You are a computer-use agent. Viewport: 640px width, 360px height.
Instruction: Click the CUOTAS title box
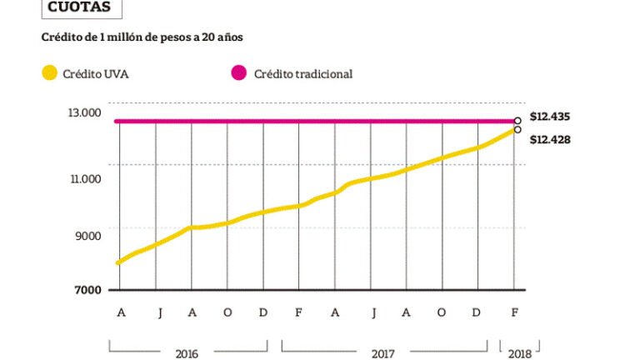[80, 7]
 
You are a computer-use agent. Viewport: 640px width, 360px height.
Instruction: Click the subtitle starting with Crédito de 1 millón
[142, 37]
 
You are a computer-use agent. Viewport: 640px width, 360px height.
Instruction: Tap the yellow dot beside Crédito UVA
[50, 73]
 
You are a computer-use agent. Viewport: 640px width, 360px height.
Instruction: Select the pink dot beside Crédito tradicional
[239, 73]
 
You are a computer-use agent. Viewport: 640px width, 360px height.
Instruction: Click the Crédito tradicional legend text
[303, 73]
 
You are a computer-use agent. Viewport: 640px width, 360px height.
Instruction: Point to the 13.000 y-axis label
[84, 112]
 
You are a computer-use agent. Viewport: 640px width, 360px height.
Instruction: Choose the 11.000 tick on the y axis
[84, 178]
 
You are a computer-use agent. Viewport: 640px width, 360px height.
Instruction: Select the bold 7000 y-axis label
[87, 290]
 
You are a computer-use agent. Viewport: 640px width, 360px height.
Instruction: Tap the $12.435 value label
[549, 117]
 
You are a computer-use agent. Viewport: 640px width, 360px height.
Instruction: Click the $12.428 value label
[549, 139]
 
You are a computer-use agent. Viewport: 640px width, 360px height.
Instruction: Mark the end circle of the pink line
[517, 121]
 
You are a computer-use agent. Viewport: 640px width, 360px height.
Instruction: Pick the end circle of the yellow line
[517, 129]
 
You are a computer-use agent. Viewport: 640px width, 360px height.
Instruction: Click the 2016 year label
[187, 352]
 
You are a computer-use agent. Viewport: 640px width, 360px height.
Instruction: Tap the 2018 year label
[520, 352]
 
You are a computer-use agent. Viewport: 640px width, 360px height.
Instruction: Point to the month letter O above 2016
[227, 312]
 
